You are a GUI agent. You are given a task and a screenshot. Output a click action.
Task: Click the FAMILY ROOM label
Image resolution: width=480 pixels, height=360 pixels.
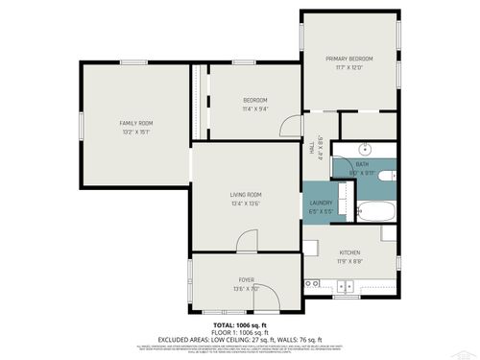[x=135, y=123]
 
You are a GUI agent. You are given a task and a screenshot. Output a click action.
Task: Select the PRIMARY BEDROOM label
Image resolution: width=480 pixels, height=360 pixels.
[x=348, y=59]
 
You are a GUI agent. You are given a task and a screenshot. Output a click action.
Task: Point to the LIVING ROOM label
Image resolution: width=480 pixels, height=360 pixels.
[x=246, y=195]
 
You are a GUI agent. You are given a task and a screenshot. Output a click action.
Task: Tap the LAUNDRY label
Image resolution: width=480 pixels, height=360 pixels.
[x=321, y=203]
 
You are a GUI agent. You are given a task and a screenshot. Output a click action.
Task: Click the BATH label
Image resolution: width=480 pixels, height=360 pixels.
[x=362, y=164]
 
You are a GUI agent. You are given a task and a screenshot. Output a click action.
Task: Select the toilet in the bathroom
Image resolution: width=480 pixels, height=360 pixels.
[x=386, y=175]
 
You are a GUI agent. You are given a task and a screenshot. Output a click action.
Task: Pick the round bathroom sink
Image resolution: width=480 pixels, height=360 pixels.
[x=365, y=150]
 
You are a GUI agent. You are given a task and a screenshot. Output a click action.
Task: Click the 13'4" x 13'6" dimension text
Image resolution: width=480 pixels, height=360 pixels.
[x=246, y=204]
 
